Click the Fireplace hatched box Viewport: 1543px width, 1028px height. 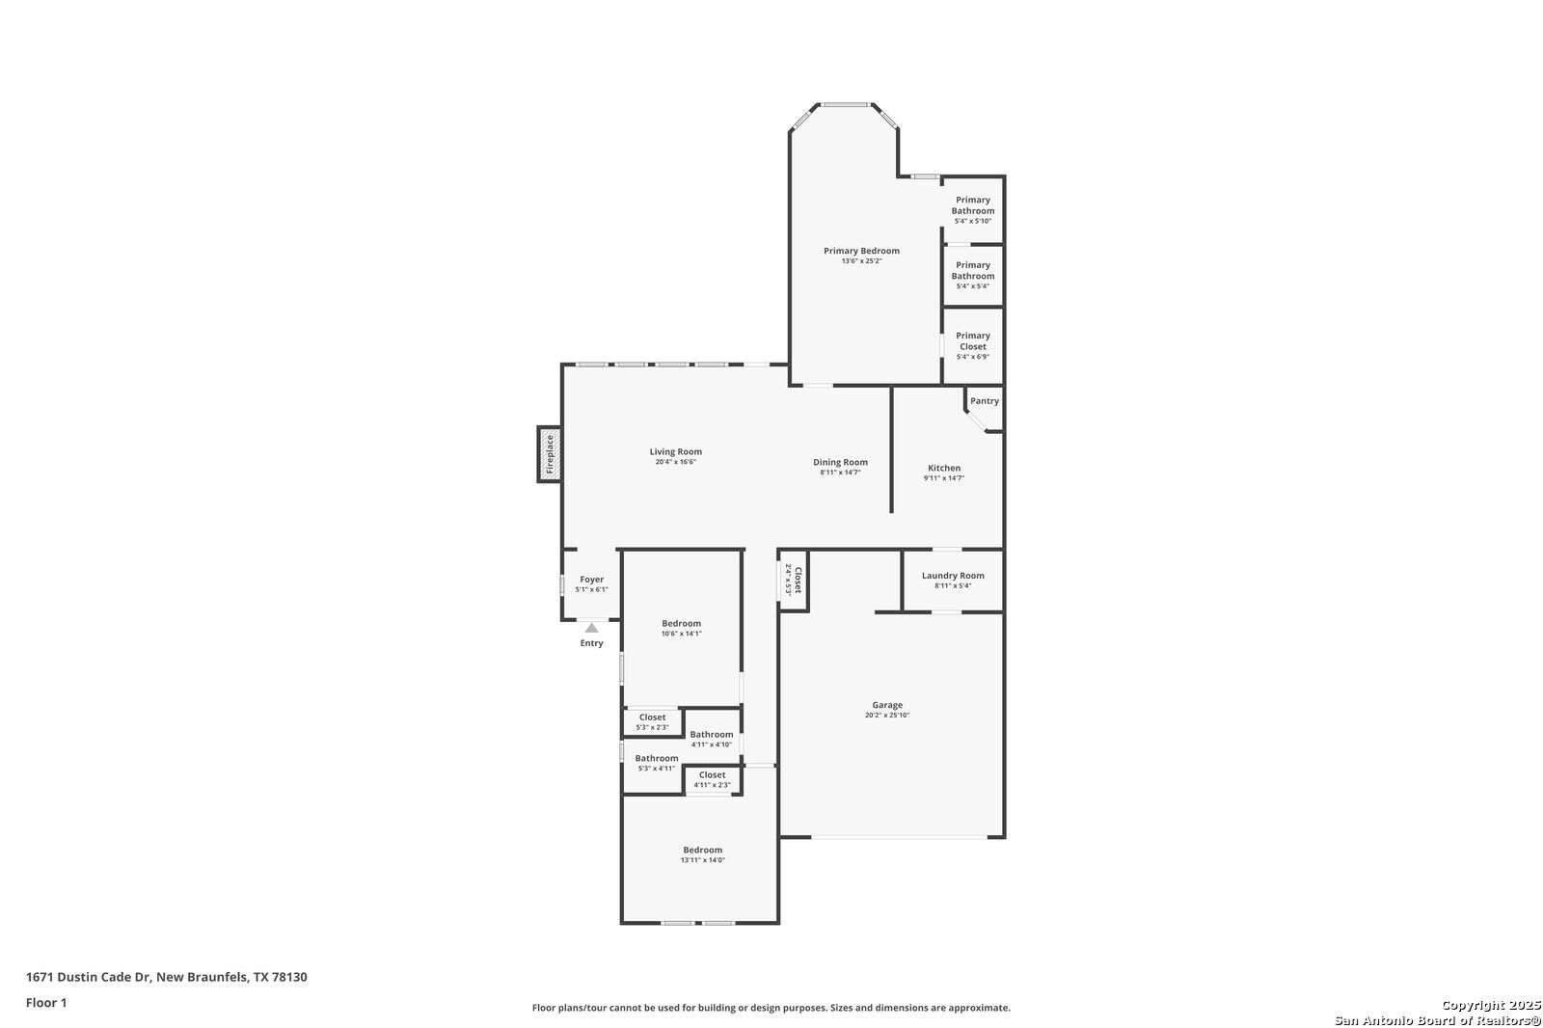point(550,454)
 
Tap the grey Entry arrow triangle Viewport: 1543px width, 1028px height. point(592,628)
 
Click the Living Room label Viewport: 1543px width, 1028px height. point(676,452)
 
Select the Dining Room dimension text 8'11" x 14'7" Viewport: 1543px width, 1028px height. point(840,473)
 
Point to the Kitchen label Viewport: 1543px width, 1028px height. point(944,468)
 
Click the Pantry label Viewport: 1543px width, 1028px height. point(985,401)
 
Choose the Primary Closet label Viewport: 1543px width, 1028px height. point(973,341)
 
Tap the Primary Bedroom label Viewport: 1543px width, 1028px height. point(862,251)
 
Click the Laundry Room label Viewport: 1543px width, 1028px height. point(953,576)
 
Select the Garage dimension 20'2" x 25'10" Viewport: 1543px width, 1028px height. point(887,716)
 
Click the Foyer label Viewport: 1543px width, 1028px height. point(592,580)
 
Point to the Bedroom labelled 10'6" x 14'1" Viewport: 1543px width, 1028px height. point(681,624)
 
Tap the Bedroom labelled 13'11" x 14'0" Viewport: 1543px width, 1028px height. point(703,851)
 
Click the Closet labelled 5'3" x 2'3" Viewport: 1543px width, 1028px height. point(652,717)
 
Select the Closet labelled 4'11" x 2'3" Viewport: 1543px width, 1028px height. point(713,775)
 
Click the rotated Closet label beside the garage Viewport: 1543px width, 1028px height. point(799,581)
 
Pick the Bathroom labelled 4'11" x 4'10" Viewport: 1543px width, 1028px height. point(712,735)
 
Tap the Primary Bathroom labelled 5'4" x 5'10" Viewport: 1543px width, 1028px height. point(973,205)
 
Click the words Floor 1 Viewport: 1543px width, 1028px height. point(46,1003)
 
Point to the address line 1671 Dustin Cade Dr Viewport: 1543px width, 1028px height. point(88,977)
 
